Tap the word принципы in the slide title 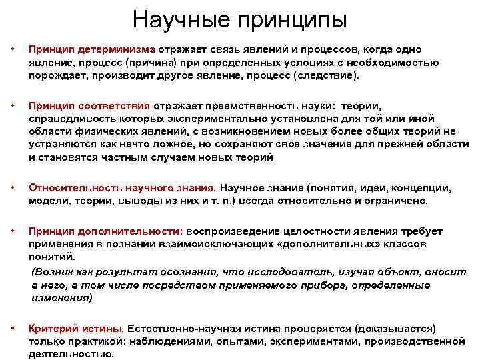coord(291,20)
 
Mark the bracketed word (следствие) coord(327,75)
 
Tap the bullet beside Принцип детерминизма coord(12,50)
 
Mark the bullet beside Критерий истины coord(12,329)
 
